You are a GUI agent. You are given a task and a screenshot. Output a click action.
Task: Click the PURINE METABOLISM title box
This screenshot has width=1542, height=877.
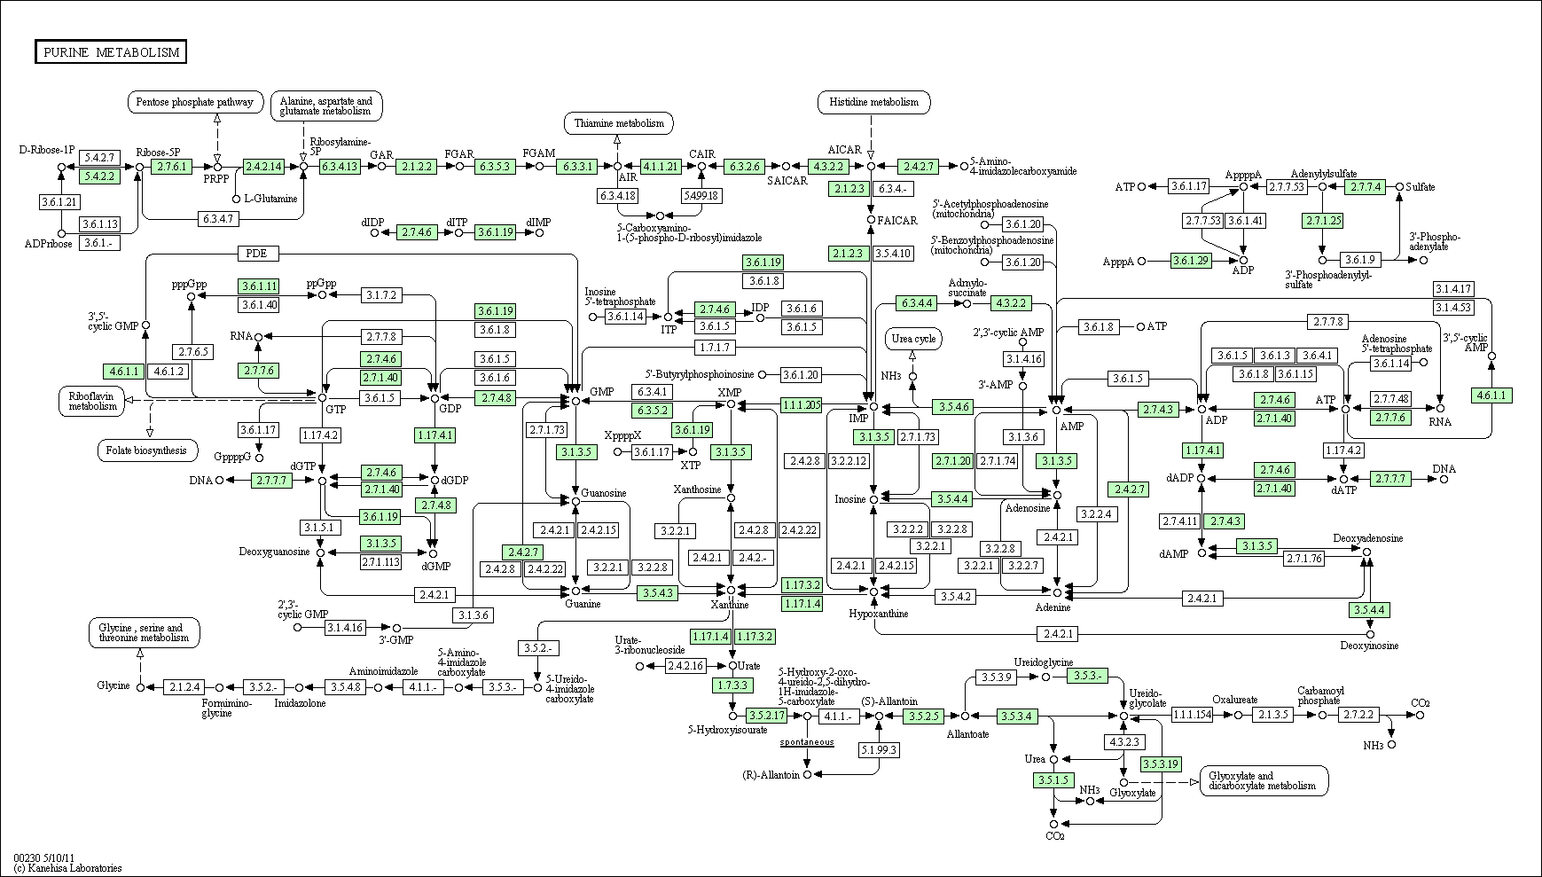coord(111,52)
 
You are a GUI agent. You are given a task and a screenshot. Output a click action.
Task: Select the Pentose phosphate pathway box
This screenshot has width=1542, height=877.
coord(196,102)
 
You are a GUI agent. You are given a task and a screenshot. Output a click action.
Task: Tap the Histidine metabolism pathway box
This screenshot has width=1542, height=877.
coord(873,102)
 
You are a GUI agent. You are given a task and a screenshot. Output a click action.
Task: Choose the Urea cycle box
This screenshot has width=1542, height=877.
coord(913,339)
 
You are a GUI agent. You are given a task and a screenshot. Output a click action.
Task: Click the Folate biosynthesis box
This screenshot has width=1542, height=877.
coord(146,450)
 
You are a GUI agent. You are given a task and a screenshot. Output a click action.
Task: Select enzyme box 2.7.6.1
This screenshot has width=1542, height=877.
coord(172,166)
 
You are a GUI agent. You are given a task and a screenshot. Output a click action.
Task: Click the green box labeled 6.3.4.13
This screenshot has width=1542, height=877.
coord(340,166)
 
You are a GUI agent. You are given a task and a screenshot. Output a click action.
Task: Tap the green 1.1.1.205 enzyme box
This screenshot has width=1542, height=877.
coord(801,404)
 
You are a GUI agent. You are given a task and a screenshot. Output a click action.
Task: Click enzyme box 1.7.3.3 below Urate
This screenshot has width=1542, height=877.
coord(732,685)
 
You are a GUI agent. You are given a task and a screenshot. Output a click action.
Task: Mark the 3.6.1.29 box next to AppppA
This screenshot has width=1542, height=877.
coord(1191,261)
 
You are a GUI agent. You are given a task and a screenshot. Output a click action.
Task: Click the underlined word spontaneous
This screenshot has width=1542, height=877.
coord(807,741)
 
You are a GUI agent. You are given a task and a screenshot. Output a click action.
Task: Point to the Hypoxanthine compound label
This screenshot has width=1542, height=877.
coord(878,614)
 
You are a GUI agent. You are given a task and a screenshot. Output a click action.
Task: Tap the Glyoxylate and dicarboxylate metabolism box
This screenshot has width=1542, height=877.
coord(1264,780)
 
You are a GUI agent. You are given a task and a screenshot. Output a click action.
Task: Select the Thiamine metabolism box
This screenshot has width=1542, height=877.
coord(618,123)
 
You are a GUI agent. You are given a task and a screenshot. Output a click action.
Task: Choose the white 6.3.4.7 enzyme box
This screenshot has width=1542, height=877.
coord(217,217)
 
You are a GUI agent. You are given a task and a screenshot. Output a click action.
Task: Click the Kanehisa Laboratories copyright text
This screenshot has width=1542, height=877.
coord(67,868)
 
